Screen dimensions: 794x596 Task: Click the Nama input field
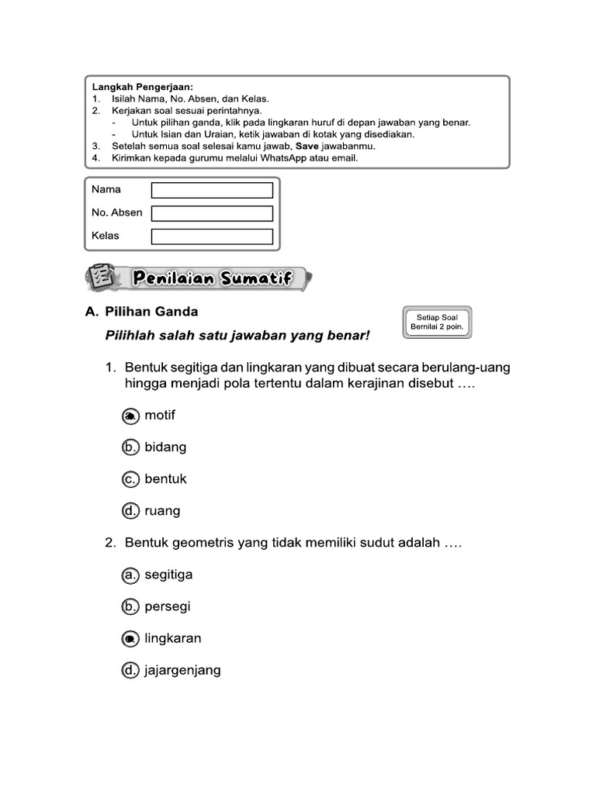(x=212, y=190)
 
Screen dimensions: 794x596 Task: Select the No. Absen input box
(x=212, y=213)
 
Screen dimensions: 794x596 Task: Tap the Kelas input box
(x=212, y=236)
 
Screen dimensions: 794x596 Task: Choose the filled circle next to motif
(x=130, y=416)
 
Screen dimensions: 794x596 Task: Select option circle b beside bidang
(x=130, y=447)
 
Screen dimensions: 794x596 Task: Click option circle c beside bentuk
(x=130, y=480)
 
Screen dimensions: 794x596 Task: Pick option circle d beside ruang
(x=130, y=511)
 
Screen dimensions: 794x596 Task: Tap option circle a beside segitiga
(x=130, y=575)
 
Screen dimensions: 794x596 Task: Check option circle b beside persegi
(x=130, y=607)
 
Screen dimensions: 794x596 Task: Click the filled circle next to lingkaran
(x=130, y=639)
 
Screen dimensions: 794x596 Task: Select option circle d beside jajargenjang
(x=130, y=671)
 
